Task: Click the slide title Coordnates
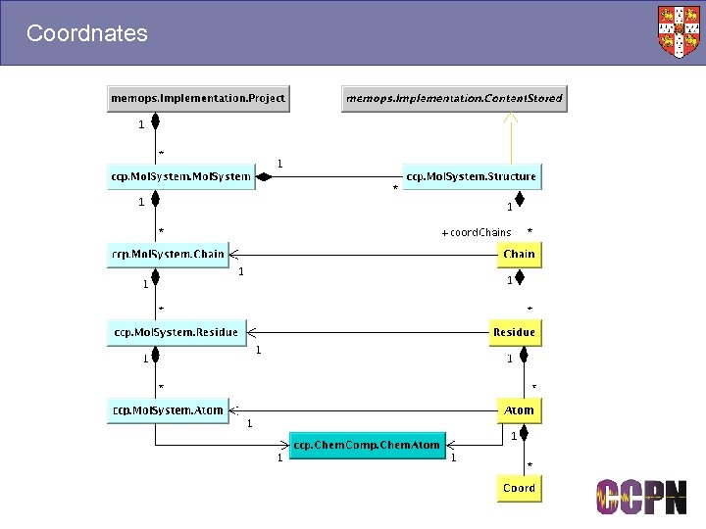tap(87, 33)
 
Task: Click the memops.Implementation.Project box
tap(198, 98)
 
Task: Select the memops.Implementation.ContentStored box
tap(453, 98)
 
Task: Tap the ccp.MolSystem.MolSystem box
tap(181, 177)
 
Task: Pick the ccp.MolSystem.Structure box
tap(471, 177)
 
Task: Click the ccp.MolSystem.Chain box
tap(168, 254)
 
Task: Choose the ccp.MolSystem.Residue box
tap(176, 332)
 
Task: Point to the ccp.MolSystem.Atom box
tap(168, 409)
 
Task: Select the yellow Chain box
tap(519, 254)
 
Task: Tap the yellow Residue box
tap(514, 332)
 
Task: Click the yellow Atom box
tap(519, 409)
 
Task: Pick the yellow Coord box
tap(519, 488)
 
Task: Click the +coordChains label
tap(477, 233)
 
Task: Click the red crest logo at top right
tap(680, 31)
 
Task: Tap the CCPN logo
tap(642, 498)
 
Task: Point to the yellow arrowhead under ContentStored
tap(509, 118)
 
